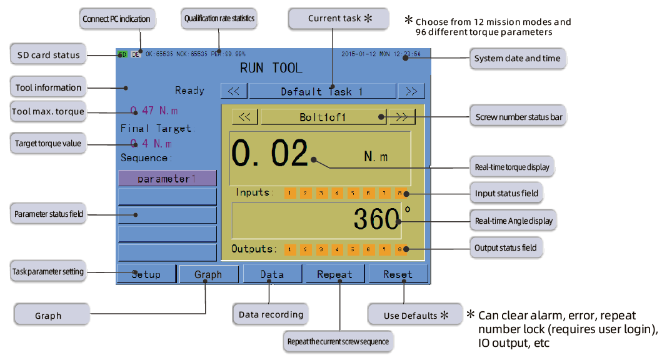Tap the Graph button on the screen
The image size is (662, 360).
pos(209,274)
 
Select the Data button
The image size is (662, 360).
pos(272,274)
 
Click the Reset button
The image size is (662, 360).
pos(398,274)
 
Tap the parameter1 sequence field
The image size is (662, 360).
pos(167,179)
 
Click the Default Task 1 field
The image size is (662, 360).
pos(322,91)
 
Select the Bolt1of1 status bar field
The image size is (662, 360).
pos(323,117)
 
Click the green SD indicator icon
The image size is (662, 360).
pos(123,54)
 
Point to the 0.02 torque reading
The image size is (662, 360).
pos(270,153)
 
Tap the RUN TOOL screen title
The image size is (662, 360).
pos(271,67)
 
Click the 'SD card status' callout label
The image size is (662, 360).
pos(48,55)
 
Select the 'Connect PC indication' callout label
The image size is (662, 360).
pos(116,19)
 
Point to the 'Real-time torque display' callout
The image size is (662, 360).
pos(512,167)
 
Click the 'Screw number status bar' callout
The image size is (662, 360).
pos(519,117)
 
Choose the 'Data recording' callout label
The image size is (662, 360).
pos(271,314)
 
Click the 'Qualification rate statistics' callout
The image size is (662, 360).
pos(219,19)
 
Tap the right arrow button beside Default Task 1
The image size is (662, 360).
pos(411,91)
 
